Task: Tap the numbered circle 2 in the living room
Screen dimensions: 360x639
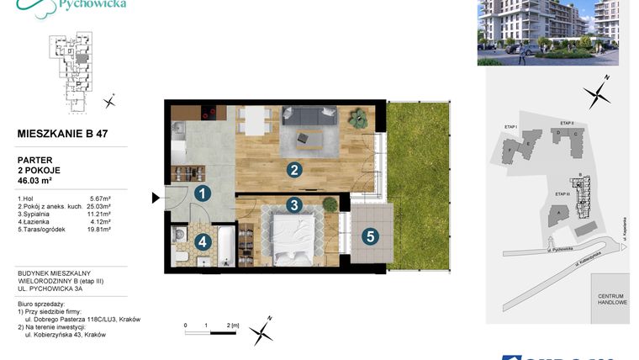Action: pos(293,170)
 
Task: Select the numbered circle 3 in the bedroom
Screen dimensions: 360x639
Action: pos(293,204)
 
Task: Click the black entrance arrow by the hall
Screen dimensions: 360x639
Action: pos(156,199)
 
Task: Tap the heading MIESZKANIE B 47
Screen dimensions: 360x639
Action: pos(62,133)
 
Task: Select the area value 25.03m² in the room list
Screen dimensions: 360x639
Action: pos(99,205)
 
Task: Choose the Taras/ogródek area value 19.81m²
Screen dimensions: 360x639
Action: pos(99,229)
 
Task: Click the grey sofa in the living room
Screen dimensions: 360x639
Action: pos(309,115)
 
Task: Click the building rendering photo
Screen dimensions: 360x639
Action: pos(547,33)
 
